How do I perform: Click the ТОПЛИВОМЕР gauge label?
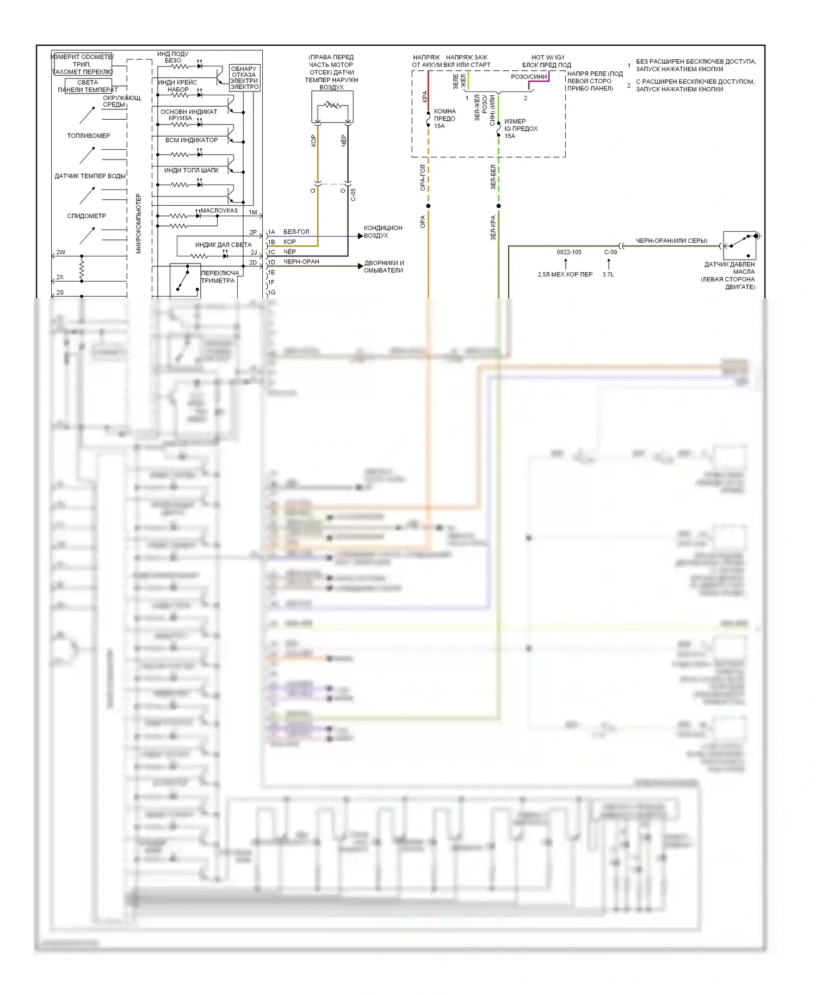89,136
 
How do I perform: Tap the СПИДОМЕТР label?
86,216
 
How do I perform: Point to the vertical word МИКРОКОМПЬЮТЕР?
138,223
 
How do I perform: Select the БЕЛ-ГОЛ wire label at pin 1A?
296,232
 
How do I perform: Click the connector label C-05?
353,195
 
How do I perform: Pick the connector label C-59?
610,252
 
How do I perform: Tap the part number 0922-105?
568,252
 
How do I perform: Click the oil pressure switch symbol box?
739,245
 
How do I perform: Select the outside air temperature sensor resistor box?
332,107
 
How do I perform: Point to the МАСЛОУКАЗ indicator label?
219,211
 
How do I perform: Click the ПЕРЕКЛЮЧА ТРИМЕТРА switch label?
219,277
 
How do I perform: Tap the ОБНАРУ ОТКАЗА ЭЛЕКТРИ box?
244,78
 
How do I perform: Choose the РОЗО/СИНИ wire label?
529,77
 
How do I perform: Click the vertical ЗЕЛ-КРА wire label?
493,228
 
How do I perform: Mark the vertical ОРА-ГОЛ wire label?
423,177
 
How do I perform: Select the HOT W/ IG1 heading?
548,57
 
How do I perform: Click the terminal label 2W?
60,253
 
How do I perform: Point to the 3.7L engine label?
608,274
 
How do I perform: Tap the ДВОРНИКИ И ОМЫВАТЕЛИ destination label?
384,267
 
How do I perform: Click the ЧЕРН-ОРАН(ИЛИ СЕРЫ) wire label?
671,241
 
